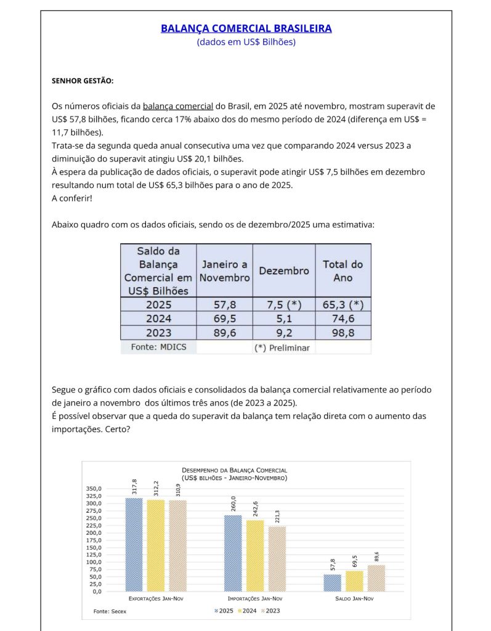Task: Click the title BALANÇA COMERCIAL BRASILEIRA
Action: point(246,28)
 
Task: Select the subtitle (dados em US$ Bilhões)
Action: point(246,42)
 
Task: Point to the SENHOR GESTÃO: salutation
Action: point(83,81)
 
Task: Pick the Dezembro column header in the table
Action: point(283,271)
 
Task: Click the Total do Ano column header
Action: point(343,271)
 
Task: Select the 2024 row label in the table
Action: point(158,319)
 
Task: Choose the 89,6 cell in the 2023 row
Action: point(224,333)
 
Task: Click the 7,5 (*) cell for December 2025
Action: point(283,304)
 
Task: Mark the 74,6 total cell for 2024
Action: point(343,319)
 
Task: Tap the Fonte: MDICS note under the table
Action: point(158,347)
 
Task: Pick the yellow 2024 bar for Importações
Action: point(254,555)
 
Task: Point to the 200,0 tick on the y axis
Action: point(92,532)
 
